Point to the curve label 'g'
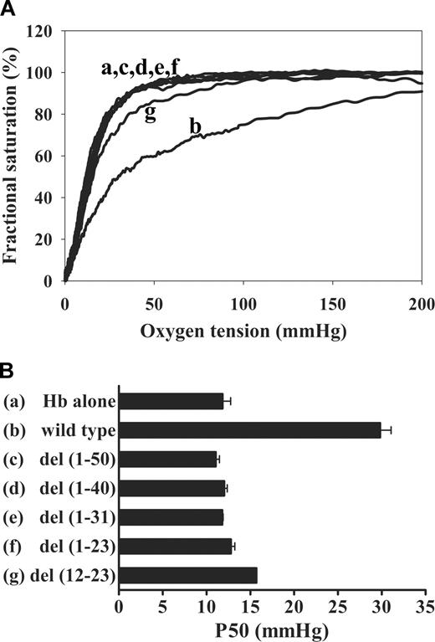[x=151, y=113]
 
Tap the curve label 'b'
[x=196, y=127]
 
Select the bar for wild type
[x=250, y=430]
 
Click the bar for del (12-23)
[x=188, y=575]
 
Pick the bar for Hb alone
[x=171, y=402]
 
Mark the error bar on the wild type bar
[x=386, y=430]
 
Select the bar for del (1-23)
[x=176, y=547]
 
